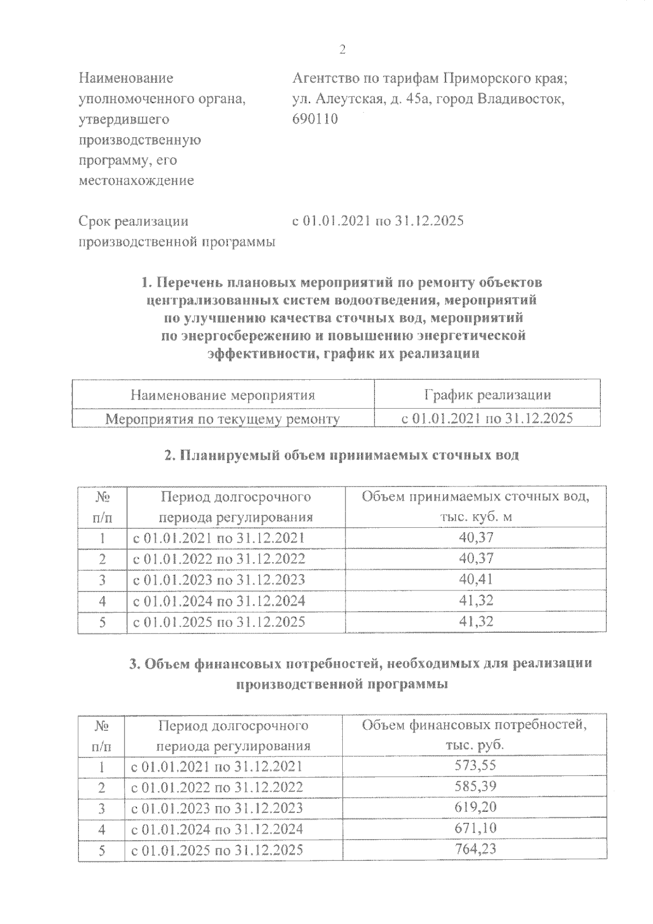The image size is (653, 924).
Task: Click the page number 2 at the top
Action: point(342,50)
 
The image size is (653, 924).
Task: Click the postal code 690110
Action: point(315,119)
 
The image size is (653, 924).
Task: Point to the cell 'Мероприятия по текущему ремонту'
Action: point(223,419)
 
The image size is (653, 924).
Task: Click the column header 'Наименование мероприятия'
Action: point(223,395)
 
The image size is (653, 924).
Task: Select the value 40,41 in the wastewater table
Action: point(476,579)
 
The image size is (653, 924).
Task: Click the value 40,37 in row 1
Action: point(476,538)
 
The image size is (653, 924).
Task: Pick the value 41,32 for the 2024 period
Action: point(476,600)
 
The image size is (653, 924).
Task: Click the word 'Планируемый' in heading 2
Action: point(230,455)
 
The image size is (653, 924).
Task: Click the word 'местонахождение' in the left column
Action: point(136,181)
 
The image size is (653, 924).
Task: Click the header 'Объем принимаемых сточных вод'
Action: point(476,497)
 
